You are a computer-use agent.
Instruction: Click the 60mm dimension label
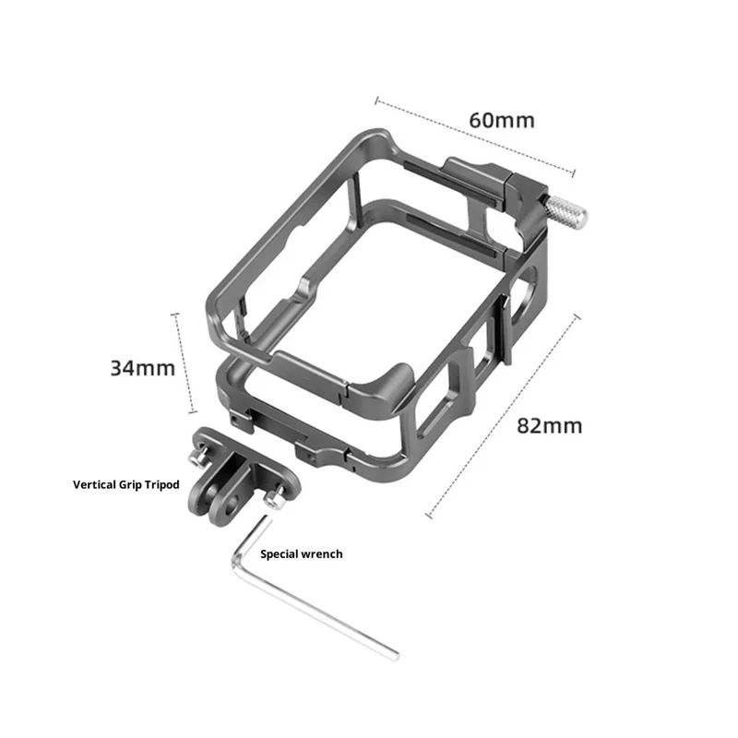pyautogui.click(x=502, y=121)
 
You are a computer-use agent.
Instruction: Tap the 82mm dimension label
pyautogui.click(x=549, y=426)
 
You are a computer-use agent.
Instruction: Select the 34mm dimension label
pyautogui.click(x=143, y=368)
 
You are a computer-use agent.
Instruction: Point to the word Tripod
pyautogui.click(x=162, y=485)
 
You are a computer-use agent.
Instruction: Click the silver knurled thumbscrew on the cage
pyautogui.click(x=565, y=209)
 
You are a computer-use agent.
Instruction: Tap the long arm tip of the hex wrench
pyautogui.click(x=396, y=656)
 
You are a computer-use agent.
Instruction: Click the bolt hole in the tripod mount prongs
pyautogui.click(x=232, y=508)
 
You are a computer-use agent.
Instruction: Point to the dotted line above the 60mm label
pyautogui.click(x=475, y=137)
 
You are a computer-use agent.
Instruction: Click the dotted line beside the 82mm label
pyautogui.click(x=503, y=417)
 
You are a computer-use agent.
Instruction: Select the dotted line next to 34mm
pyautogui.click(x=184, y=363)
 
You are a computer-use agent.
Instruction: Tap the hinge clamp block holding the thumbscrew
pyautogui.click(x=527, y=206)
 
